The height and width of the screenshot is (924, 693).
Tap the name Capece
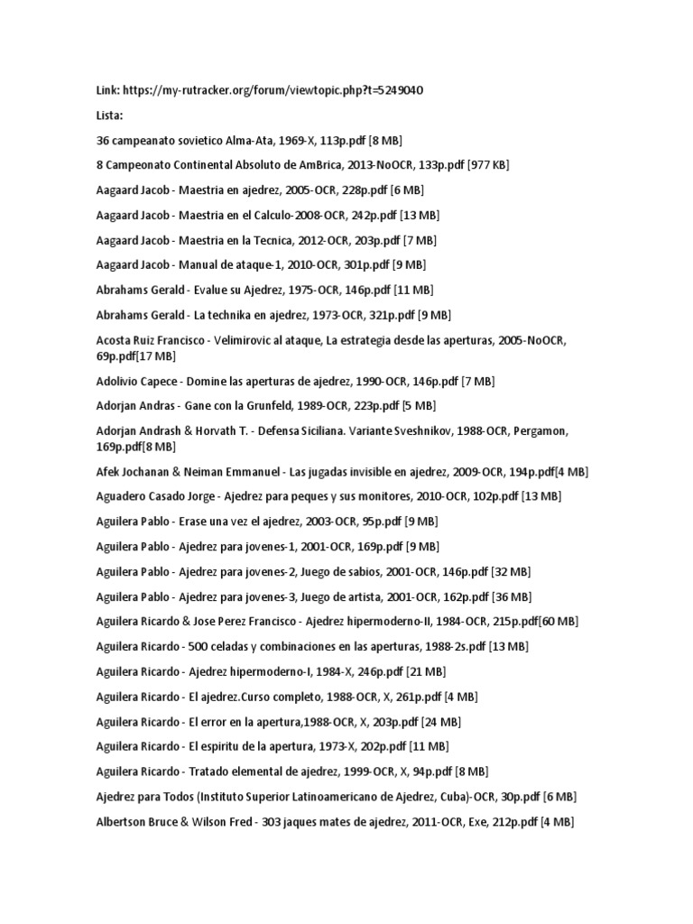click(x=156, y=382)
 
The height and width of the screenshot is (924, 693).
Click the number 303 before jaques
click(x=273, y=821)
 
